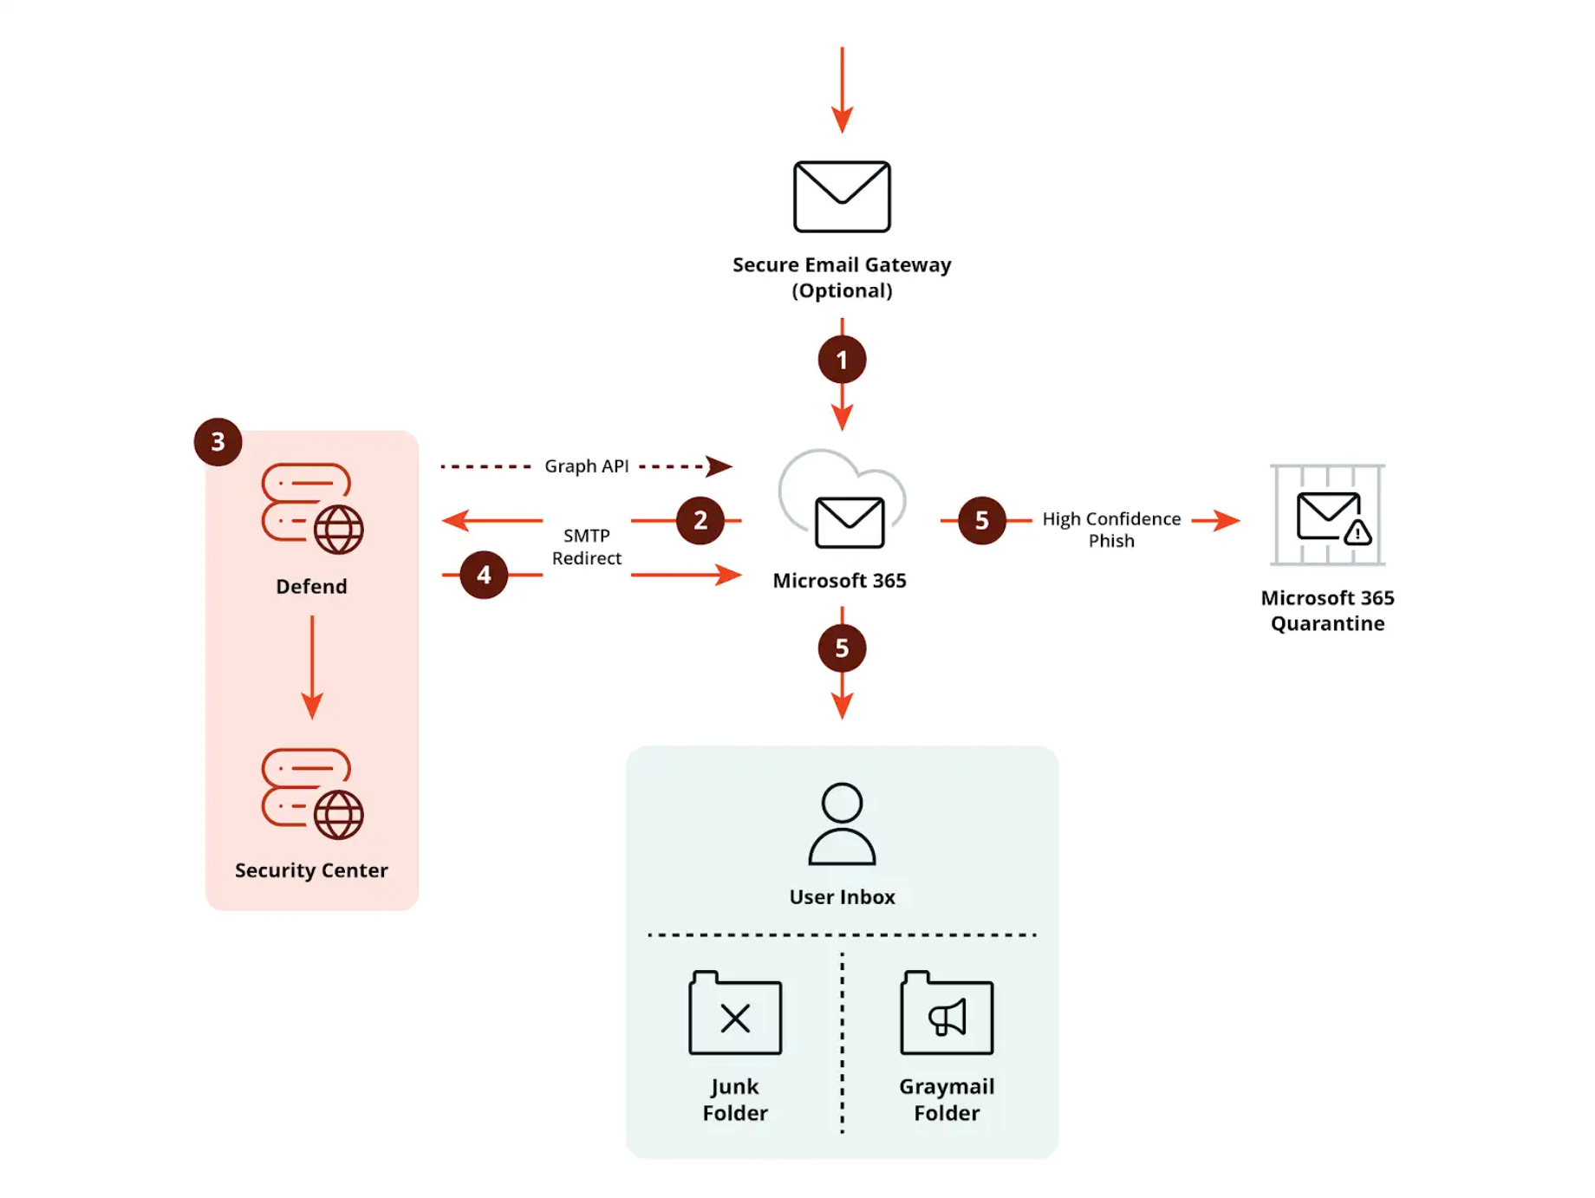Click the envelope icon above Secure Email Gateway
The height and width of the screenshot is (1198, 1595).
click(x=841, y=197)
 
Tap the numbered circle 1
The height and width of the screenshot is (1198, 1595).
click(x=841, y=360)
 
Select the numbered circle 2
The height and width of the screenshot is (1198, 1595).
click(x=700, y=520)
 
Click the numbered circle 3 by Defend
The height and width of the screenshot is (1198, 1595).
click(x=218, y=442)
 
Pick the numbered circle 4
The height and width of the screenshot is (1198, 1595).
click(x=483, y=575)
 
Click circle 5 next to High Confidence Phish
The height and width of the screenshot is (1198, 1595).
click(x=981, y=520)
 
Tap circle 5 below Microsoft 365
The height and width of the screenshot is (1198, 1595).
click(x=841, y=648)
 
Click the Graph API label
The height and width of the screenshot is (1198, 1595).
click(x=586, y=466)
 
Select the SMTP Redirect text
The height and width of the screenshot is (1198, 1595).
click(x=586, y=547)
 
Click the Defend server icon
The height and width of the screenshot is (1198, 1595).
click(x=312, y=509)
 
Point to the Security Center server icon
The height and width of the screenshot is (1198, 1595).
click(x=312, y=793)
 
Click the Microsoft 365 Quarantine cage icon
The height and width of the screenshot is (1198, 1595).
click(x=1326, y=515)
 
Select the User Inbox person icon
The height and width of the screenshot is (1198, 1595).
click(x=841, y=824)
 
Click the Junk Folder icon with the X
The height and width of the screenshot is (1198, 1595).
click(x=734, y=1013)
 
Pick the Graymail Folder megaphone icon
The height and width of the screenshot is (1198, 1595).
click(x=946, y=1013)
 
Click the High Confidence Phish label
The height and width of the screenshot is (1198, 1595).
click(x=1110, y=530)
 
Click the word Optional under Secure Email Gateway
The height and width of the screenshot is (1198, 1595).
click(x=841, y=290)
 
